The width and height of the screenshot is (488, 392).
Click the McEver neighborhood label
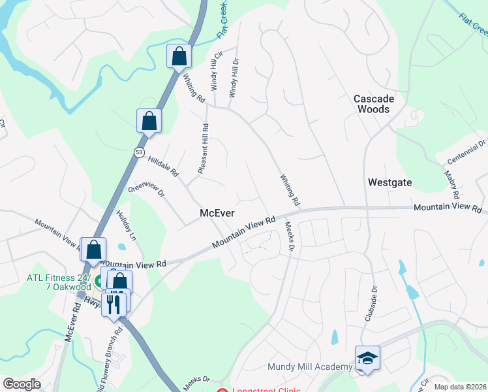[217, 214]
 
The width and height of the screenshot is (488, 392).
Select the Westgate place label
[389, 182]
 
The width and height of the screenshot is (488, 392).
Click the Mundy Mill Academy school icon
[367, 358]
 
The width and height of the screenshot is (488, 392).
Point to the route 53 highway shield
[139, 152]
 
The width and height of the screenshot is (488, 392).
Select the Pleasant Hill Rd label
[203, 149]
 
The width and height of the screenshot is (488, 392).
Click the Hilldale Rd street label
[163, 167]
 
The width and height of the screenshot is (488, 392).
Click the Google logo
[22, 384]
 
